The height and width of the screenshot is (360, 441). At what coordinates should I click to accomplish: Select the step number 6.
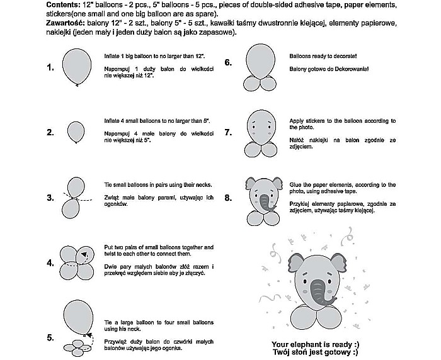[229, 62]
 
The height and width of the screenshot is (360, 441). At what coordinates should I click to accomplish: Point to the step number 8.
[229, 198]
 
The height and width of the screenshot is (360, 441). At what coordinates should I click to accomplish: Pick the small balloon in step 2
[76, 132]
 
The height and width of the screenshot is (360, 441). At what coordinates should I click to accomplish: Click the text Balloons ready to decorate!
[325, 56]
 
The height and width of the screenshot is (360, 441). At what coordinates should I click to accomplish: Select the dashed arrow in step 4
[84, 255]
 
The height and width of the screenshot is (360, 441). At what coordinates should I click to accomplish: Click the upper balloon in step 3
[76, 187]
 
